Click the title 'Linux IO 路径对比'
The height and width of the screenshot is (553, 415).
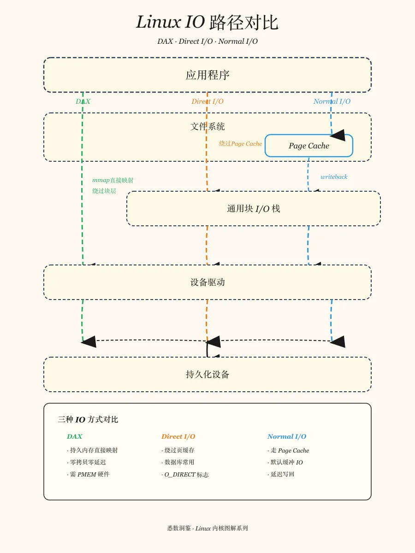click(x=207, y=22)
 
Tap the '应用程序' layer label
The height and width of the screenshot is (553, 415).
click(x=207, y=75)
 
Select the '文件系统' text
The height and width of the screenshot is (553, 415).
click(x=207, y=126)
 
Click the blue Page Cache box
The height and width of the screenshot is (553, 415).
click(x=308, y=146)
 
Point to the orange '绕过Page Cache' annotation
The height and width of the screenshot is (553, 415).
click(x=240, y=144)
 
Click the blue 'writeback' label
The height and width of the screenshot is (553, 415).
click(x=334, y=177)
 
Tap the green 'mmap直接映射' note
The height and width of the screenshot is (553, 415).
click(x=113, y=180)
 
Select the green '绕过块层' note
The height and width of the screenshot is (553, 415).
click(x=104, y=191)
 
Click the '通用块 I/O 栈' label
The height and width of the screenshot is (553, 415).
click(x=254, y=209)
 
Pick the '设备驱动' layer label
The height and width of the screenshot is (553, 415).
click(x=207, y=282)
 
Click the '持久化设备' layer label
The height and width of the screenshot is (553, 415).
click(x=207, y=374)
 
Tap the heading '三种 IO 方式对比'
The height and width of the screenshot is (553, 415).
click(x=88, y=419)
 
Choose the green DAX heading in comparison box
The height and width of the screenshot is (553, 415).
click(x=75, y=436)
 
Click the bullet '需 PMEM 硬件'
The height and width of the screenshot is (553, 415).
click(x=88, y=474)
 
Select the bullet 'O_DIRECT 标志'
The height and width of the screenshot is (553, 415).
click(x=185, y=475)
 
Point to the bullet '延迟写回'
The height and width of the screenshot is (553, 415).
click(x=281, y=474)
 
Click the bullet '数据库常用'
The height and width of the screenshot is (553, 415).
click(x=178, y=462)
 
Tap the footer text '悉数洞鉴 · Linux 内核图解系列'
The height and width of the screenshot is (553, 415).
click(x=207, y=528)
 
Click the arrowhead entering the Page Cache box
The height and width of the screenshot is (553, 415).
click(x=338, y=135)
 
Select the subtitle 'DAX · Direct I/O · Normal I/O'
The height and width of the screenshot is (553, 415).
click(x=207, y=41)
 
